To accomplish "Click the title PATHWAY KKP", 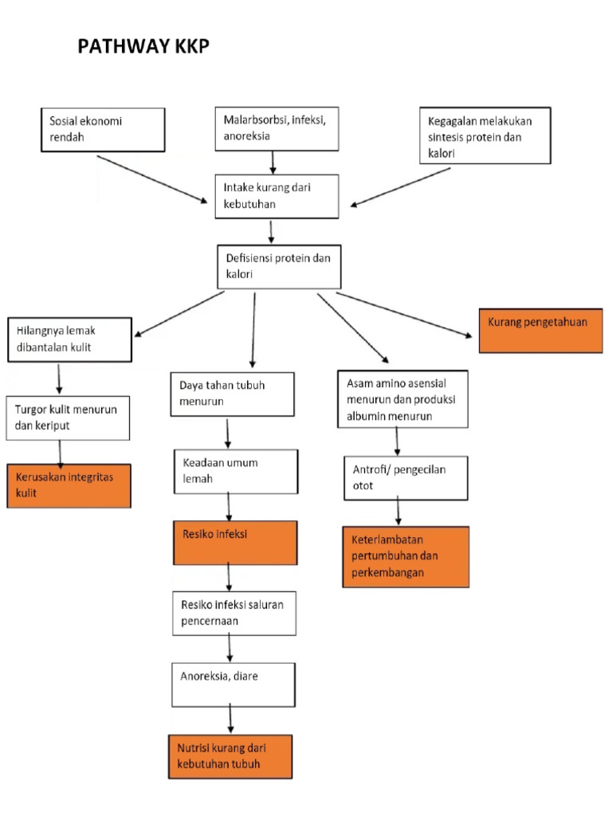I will pyautogui.click(x=143, y=48).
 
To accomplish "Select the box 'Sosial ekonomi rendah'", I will pyautogui.click(x=103, y=130).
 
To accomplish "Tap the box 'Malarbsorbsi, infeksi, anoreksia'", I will pyautogui.click(x=276, y=127).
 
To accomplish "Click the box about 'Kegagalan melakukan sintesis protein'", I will pyautogui.click(x=484, y=136).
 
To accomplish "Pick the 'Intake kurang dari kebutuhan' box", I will pyautogui.click(x=277, y=197).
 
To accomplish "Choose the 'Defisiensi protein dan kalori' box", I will pyautogui.click(x=279, y=266).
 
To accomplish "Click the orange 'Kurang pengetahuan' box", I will pyautogui.click(x=540, y=330).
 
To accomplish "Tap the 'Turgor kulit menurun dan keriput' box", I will pyautogui.click(x=68, y=418).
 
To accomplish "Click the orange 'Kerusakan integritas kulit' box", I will pyautogui.click(x=69, y=485).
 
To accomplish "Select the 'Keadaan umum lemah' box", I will pyautogui.click(x=236, y=471).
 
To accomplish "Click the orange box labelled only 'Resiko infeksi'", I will pyautogui.click(x=235, y=543).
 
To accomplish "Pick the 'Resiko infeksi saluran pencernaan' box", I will pyautogui.click(x=234, y=613).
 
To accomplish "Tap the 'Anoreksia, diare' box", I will pyautogui.click(x=234, y=684).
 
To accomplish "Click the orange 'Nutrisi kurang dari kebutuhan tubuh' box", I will pyautogui.click(x=230, y=756).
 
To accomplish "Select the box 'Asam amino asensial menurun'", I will pyautogui.click(x=402, y=398).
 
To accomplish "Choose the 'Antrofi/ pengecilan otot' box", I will pyautogui.click(x=406, y=477).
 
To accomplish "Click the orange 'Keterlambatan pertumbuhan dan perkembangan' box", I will pyautogui.click(x=406, y=556).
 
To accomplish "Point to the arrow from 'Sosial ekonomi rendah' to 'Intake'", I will pyautogui.click(x=151, y=179).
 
